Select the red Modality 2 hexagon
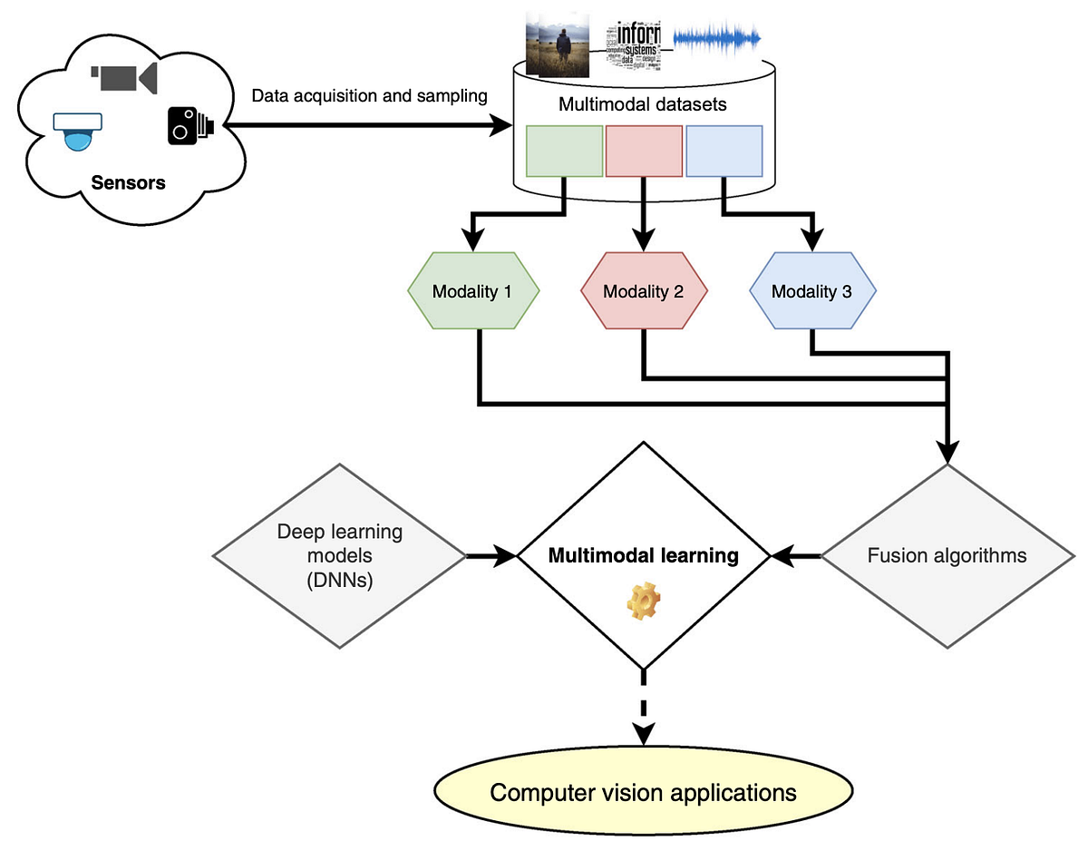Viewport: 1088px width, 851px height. click(643, 292)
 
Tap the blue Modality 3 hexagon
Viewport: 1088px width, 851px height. click(812, 292)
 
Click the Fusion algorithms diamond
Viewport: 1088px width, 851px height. click(947, 555)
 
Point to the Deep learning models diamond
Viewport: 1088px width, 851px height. click(339, 555)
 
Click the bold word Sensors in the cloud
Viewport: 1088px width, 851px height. click(129, 182)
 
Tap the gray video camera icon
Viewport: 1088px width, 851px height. click(123, 76)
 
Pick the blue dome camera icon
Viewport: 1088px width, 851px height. click(79, 132)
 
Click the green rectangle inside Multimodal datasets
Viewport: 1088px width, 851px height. click(565, 151)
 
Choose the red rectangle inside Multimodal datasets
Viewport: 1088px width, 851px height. click(643, 151)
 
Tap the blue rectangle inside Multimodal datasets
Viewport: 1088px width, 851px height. click(724, 151)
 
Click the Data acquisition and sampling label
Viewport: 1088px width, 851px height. click(368, 95)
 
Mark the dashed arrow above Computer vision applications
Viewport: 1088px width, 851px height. click(644, 708)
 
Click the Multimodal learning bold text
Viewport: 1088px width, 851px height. click(644, 555)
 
